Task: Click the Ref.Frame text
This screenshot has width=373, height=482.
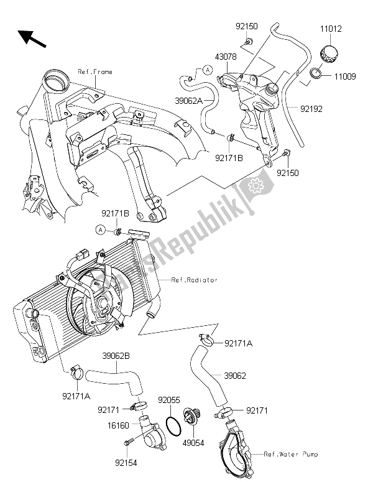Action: coord(95,72)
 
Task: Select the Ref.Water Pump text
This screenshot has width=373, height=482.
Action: coord(292,454)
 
